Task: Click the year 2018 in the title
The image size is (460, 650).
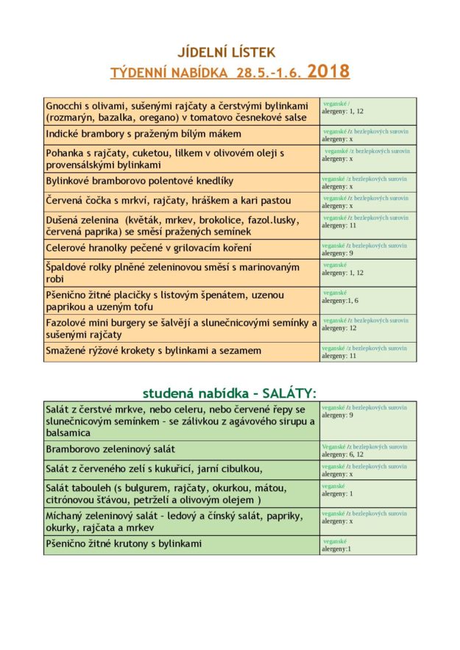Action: click(328, 71)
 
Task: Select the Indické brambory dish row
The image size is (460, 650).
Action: click(144, 135)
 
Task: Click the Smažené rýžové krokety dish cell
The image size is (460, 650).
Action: click(153, 351)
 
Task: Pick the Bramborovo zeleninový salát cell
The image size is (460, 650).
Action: click(110, 449)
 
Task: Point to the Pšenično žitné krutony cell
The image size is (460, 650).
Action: click(124, 545)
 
